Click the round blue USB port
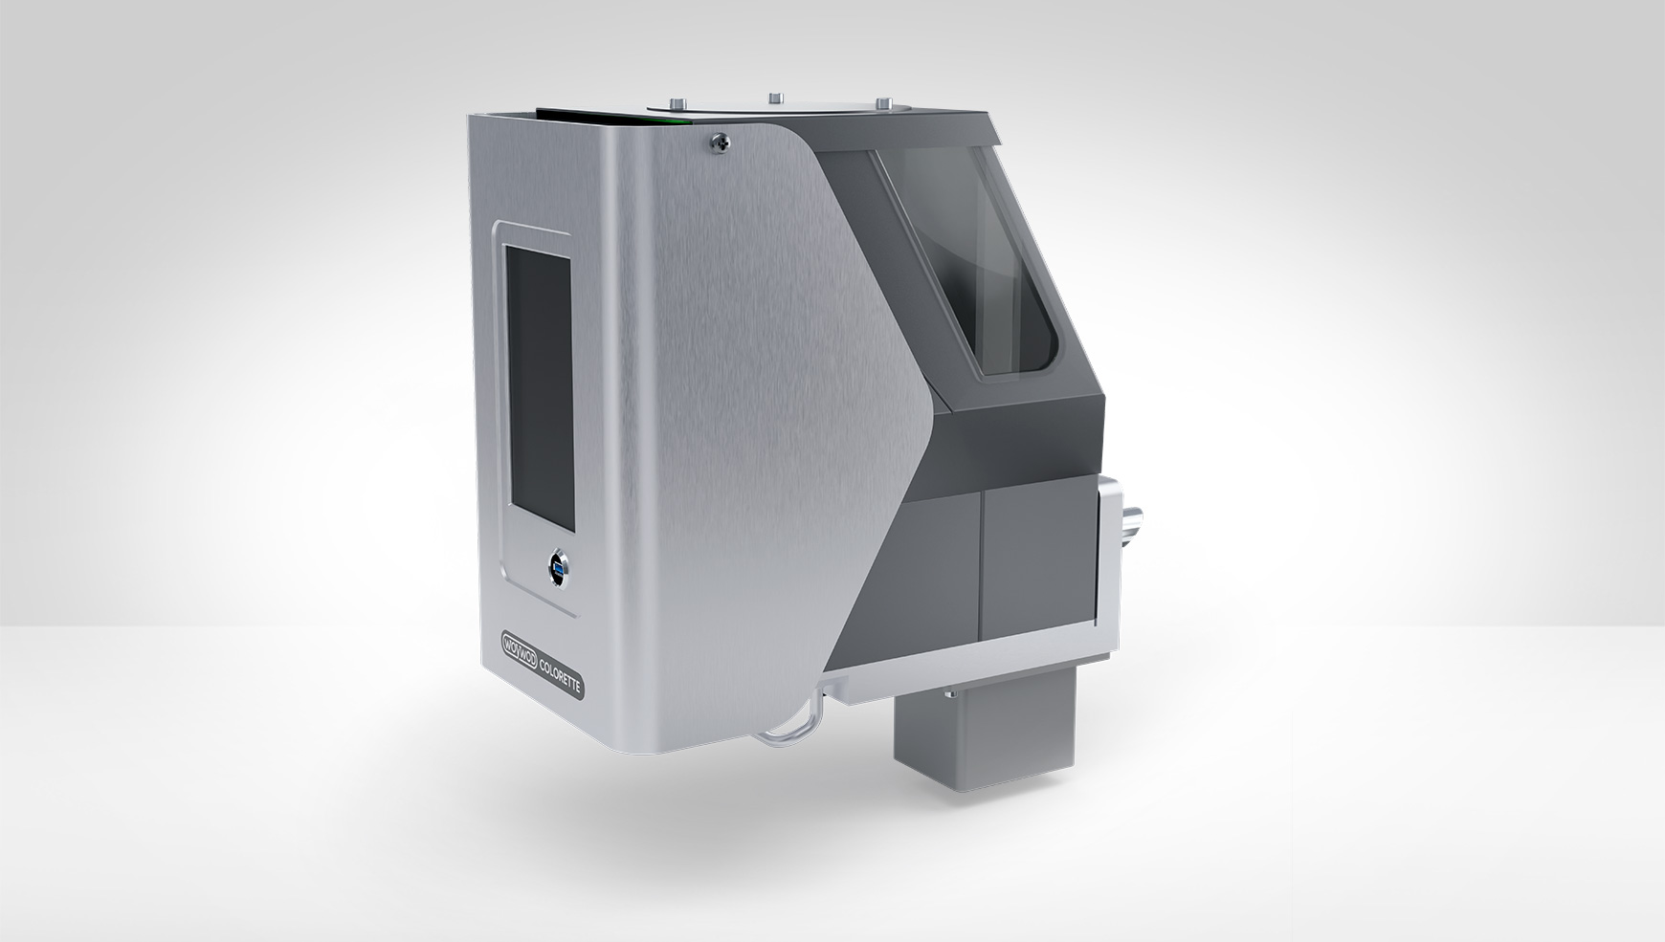pyautogui.click(x=553, y=571)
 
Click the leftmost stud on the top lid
pyautogui.click(x=677, y=103)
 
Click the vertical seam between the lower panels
pyautogui.click(x=983, y=574)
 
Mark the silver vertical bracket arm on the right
pyautogui.click(x=1111, y=555)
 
